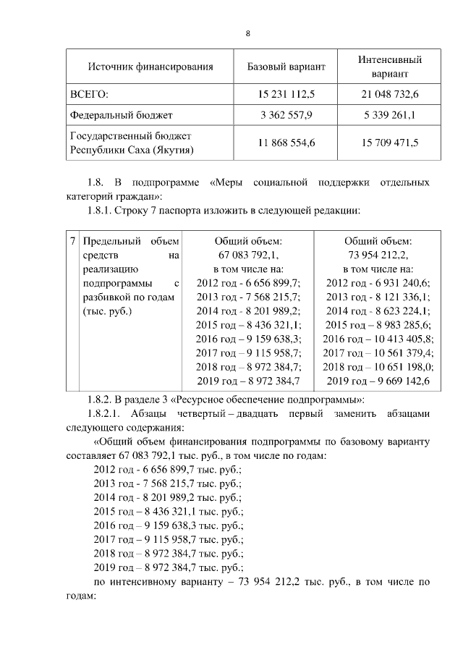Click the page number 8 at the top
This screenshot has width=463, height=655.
248,34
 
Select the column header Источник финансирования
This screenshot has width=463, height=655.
150,67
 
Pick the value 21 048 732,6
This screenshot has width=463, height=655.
390,95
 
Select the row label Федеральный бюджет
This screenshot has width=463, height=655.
121,115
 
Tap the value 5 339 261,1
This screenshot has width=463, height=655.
390,115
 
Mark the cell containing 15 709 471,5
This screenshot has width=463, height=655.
390,143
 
